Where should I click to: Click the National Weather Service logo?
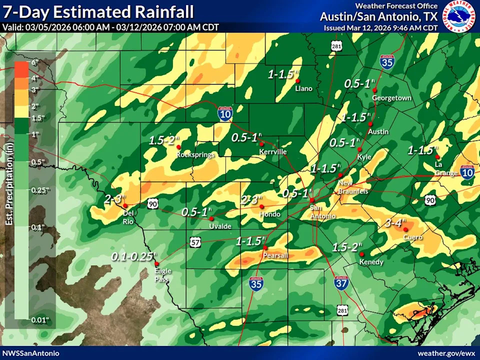pos(460,16)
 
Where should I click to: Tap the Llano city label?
pos(303,88)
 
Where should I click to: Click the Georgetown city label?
pos(391,98)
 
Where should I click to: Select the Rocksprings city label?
pos(195,155)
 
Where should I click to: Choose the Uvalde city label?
pos(220,226)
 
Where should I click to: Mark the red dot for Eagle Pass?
pos(156,264)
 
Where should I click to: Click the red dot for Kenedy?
pos(361,254)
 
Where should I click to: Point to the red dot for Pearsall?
pos(265,248)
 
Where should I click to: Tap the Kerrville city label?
pos(272,151)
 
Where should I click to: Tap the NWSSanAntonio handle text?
pos(30,353)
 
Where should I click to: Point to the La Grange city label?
pos(439,168)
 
